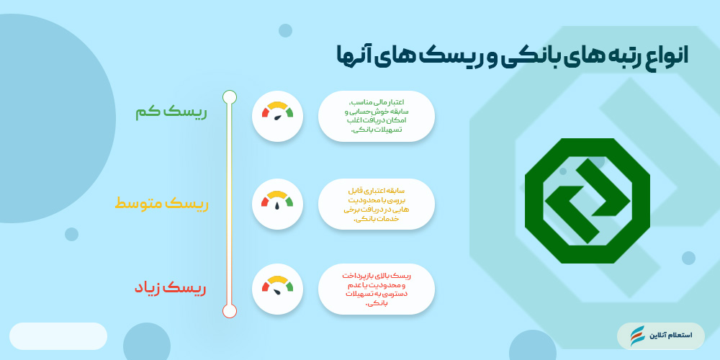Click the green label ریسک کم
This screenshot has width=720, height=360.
coord(171,112)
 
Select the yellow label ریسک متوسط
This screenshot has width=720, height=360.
coord(161,204)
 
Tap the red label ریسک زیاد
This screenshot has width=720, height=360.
coord(170,288)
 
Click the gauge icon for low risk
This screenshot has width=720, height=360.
coord(277,115)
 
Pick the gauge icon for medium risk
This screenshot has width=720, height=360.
coord(277,204)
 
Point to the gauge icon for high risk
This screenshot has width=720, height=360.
coord(277,289)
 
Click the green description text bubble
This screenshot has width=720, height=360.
coord(376,115)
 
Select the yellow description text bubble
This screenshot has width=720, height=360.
coord(376,204)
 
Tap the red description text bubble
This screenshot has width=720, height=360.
coord(376,289)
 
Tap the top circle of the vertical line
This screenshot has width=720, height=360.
coord(230,96)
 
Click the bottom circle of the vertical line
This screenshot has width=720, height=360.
coord(230,311)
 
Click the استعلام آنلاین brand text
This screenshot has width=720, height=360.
coord(671,336)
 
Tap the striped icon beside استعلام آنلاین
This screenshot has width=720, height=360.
coord(637,336)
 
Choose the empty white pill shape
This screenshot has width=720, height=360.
coord(58,336)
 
